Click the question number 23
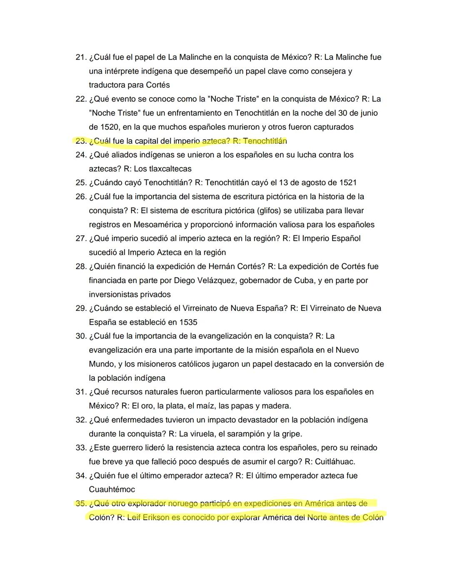(x=81, y=141)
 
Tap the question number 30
(x=81, y=336)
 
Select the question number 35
(x=81, y=504)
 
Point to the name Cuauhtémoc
(x=112, y=490)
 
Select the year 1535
(x=188, y=322)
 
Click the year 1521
(x=348, y=183)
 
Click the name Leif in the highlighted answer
(x=134, y=518)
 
